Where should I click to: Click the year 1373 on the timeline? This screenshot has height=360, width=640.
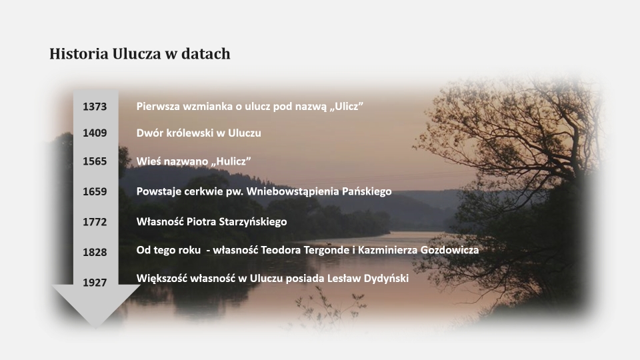click(95, 107)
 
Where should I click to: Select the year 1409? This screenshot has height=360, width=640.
click(95, 133)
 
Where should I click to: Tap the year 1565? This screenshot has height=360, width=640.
click(95, 161)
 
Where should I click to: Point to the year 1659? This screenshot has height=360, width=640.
click(95, 191)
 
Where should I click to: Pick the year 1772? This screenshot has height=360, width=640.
click(95, 222)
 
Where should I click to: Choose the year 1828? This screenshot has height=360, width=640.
click(95, 252)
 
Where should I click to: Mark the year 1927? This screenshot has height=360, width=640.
click(95, 283)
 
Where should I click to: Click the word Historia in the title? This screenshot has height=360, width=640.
click(79, 54)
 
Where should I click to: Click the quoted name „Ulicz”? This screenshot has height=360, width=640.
click(346, 107)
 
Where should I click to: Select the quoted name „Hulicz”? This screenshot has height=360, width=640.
click(231, 161)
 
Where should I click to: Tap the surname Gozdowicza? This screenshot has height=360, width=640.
click(449, 250)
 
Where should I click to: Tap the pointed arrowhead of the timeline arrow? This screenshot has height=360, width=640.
click(95, 328)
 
